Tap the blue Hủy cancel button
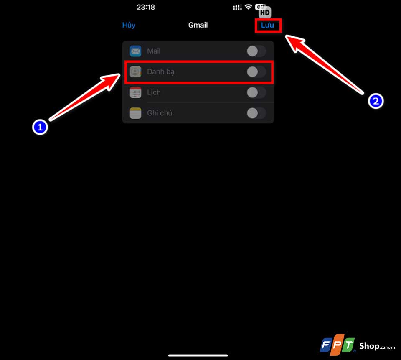click(x=129, y=25)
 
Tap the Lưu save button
click(x=267, y=25)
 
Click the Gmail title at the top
click(x=198, y=25)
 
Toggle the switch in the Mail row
click(x=256, y=51)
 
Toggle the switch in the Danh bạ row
click(x=256, y=71)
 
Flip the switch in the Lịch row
click(x=256, y=92)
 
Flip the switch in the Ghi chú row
click(x=256, y=113)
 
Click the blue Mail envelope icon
click(x=135, y=51)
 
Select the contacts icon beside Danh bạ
click(x=135, y=71)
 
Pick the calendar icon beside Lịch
click(x=135, y=92)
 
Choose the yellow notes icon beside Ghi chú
click(x=135, y=113)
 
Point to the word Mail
click(x=154, y=51)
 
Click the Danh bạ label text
click(x=160, y=71)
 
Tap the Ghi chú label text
click(x=160, y=113)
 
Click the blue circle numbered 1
click(x=40, y=127)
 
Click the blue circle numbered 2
click(x=376, y=101)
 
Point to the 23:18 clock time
click(x=146, y=7)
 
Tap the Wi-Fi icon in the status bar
click(x=248, y=7)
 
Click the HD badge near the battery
click(x=265, y=12)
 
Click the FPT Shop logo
click(x=357, y=345)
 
